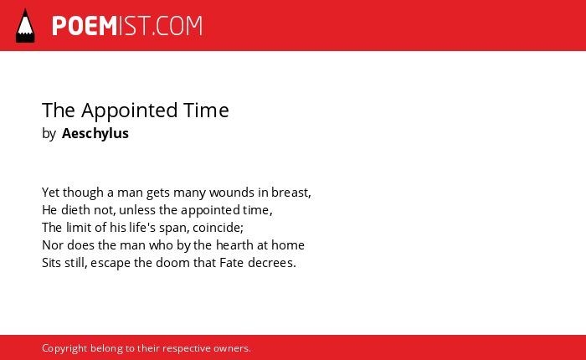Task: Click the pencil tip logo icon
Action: point(25,26)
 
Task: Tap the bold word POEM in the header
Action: point(85,26)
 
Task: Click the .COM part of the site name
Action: point(177,26)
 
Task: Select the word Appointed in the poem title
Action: point(129,111)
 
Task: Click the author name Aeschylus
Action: point(95,133)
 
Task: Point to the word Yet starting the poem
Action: point(50,193)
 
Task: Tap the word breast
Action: point(290,193)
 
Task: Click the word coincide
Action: point(217,227)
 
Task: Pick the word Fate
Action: point(232,263)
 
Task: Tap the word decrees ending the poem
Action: point(270,263)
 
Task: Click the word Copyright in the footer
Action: point(64,348)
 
